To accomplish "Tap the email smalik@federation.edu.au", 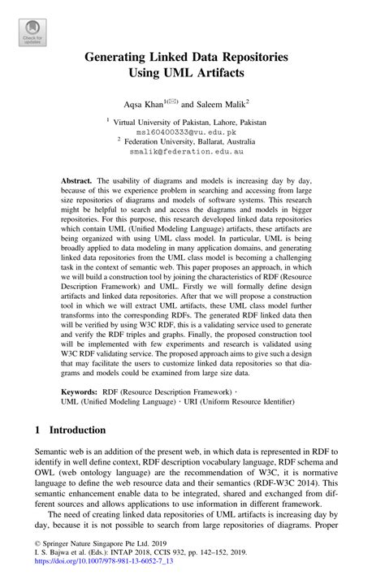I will (x=192, y=150).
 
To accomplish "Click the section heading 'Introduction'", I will (x=77, y=430).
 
